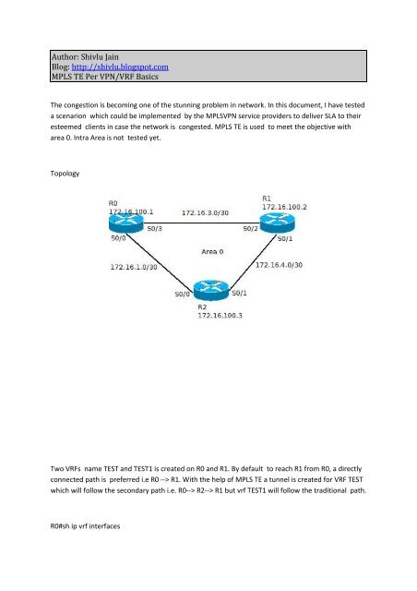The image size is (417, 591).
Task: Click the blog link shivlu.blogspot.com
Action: click(120, 67)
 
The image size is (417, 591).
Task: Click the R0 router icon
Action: click(126, 223)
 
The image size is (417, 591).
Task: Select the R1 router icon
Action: click(278, 223)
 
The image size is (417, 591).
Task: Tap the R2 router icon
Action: click(211, 290)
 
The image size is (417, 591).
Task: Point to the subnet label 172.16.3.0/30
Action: click(205, 213)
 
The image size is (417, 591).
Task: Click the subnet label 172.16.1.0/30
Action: click(134, 267)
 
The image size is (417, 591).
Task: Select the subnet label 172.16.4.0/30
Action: click(280, 265)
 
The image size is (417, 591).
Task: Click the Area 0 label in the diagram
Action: click(212, 251)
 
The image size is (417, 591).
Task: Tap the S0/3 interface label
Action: click(154, 228)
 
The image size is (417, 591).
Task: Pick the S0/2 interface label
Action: click(251, 228)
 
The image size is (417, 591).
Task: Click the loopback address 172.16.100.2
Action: click(284, 207)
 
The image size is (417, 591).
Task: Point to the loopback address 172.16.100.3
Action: click(220, 315)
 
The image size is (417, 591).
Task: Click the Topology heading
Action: click(65, 174)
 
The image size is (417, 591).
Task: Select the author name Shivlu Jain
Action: click(100, 57)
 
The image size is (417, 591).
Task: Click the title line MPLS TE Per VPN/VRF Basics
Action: click(105, 77)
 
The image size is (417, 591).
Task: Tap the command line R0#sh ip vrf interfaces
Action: click(85, 526)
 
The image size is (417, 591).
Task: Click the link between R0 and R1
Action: click(201, 223)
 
